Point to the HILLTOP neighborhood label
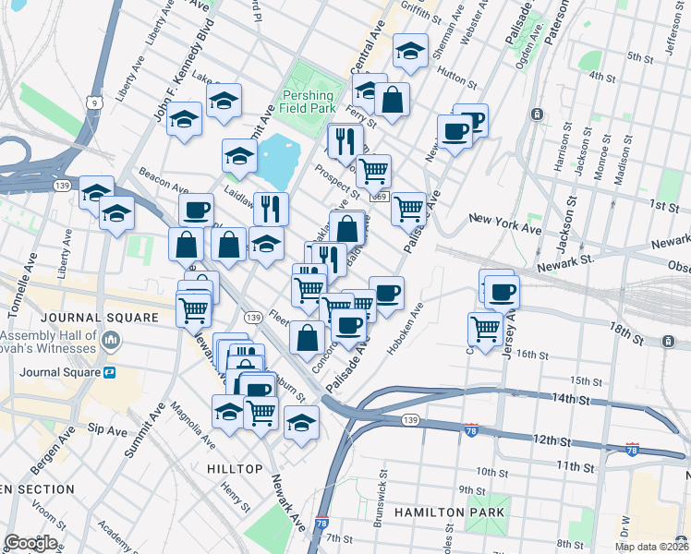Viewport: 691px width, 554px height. tap(235, 469)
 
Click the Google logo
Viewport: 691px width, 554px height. tap(30, 543)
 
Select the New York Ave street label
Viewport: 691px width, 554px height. tap(504, 223)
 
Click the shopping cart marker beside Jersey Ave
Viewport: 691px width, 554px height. tap(485, 327)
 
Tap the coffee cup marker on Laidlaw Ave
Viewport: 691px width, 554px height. tap(196, 211)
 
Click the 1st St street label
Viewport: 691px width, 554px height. tap(663, 204)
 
